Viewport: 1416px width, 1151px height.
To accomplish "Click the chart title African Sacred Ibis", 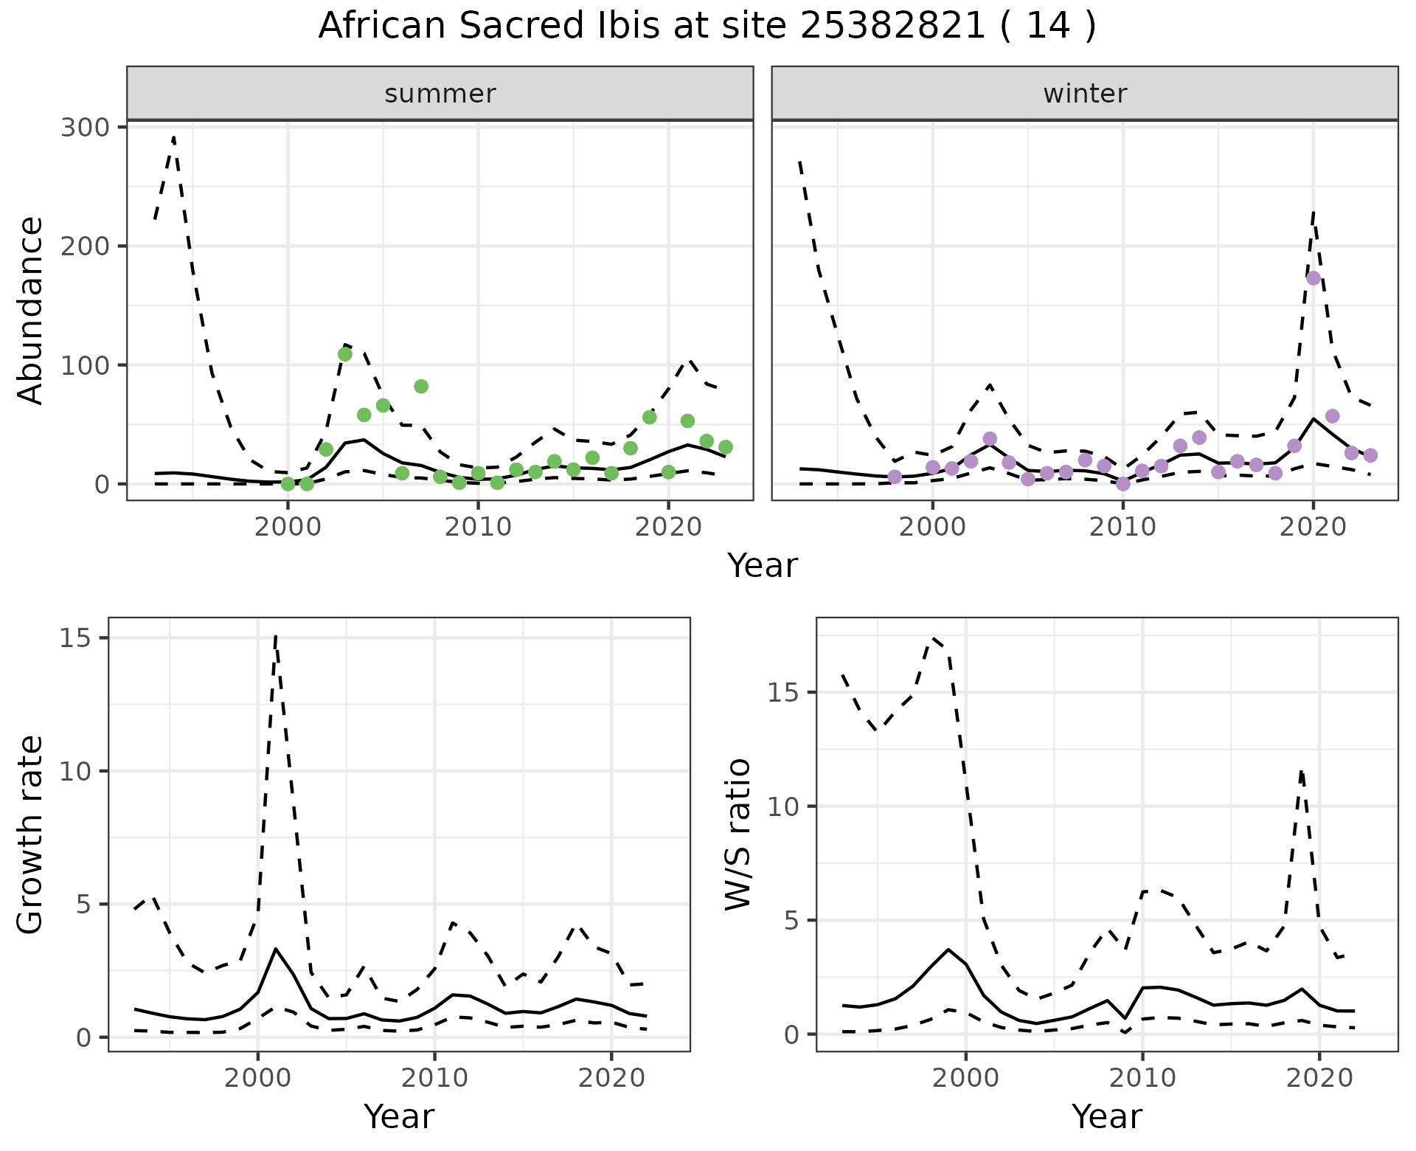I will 707,27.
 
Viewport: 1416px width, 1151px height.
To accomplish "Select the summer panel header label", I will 440,94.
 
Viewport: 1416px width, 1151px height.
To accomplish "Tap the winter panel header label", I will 1085,94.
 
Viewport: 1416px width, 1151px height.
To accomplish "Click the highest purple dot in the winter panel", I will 1313,278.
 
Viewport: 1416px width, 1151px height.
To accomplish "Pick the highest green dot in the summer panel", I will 345,354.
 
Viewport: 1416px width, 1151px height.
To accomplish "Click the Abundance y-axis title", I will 31,310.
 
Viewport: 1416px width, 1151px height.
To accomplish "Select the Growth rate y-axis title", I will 31,834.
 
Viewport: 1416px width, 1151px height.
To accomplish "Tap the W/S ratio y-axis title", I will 738,834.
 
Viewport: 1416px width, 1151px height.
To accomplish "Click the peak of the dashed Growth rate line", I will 275,636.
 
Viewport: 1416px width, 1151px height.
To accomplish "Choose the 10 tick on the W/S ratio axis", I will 785,806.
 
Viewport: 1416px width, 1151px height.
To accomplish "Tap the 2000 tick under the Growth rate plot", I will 257,1078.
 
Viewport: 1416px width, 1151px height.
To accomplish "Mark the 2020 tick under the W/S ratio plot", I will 1319,1078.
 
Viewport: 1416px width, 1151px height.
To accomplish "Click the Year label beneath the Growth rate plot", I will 399,1116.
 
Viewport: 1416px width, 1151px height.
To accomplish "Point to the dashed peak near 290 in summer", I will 173,138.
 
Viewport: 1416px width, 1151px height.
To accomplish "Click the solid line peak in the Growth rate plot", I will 275,950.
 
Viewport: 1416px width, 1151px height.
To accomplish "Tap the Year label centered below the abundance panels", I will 763,566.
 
